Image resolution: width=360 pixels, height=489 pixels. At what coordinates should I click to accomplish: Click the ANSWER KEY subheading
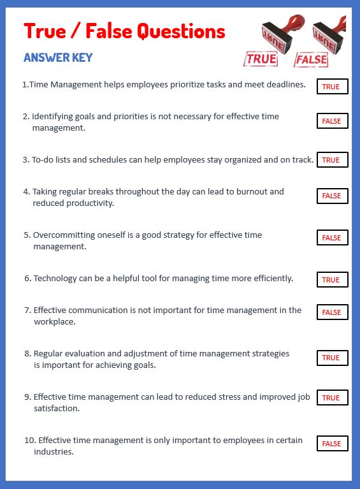pos(58,57)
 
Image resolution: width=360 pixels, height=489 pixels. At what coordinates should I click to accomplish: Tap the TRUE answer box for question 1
pos(332,87)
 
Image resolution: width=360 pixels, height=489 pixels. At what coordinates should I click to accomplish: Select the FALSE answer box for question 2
pos(332,121)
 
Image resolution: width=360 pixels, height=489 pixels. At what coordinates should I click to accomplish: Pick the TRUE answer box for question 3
pos(332,160)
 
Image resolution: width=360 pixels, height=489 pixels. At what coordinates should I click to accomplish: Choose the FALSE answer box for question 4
pos(332,196)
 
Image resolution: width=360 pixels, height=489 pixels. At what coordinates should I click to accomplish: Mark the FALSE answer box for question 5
pos(332,238)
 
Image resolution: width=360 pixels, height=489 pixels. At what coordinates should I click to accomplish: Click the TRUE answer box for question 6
pos(332,280)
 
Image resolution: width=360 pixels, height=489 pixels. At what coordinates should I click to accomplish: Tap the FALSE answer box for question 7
pos(332,312)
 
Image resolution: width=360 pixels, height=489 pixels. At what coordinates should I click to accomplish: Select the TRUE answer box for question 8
pos(332,358)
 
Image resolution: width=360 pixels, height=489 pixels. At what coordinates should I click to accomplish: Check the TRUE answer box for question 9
pos(332,398)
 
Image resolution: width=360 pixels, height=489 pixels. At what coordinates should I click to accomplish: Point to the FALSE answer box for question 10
pos(332,444)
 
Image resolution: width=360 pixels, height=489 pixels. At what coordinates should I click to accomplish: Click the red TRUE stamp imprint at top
pos(261,59)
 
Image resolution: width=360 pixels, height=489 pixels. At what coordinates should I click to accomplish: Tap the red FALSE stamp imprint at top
pos(311,61)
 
